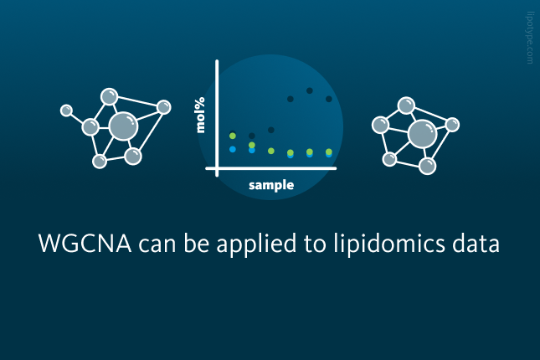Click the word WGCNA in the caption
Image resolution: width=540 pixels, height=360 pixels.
click(x=85, y=244)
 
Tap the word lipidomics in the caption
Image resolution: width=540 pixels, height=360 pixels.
click(x=389, y=244)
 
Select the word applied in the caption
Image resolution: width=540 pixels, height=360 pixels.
click(x=256, y=244)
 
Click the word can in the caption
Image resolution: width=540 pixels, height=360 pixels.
click(x=157, y=245)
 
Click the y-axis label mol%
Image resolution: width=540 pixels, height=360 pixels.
click(x=200, y=115)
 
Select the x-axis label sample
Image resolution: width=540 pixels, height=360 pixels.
click(x=271, y=185)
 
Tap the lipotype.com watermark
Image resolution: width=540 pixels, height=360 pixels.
click(x=530, y=38)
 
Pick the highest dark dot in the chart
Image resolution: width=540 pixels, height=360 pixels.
click(x=310, y=90)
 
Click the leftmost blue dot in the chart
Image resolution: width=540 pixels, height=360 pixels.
click(x=233, y=149)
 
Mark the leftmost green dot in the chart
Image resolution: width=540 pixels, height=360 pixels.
click(x=233, y=136)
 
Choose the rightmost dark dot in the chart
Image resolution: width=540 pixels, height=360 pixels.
click(x=329, y=99)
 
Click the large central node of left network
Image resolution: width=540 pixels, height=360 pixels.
click(x=123, y=126)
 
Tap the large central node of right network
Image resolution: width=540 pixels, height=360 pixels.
click(x=422, y=134)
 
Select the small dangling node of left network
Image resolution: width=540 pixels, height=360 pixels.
click(x=66, y=111)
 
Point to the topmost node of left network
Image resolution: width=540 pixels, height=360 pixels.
click(x=109, y=97)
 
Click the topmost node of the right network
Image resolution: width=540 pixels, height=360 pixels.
click(x=406, y=105)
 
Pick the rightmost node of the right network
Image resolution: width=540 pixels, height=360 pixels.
click(x=452, y=125)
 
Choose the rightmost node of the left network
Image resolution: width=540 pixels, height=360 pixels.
click(x=163, y=107)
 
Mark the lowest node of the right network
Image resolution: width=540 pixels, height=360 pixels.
click(x=427, y=166)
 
